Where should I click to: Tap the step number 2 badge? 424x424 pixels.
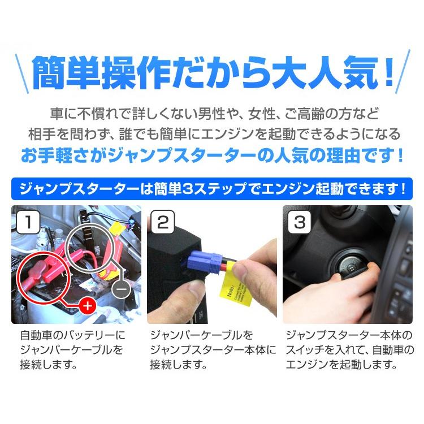tap(163, 223)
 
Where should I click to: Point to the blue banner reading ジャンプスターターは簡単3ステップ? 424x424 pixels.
tap(211, 188)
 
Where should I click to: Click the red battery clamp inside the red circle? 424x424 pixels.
tap(43, 270)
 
